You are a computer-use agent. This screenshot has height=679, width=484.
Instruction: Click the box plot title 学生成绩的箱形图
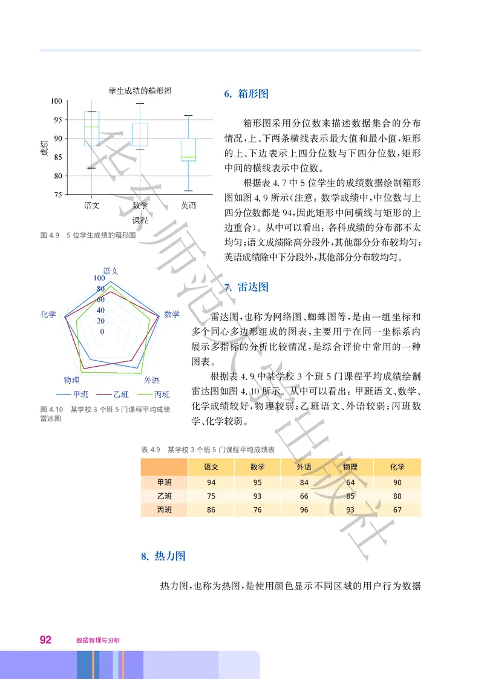(x=140, y=91)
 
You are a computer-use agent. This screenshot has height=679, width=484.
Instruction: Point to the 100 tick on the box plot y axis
(x=56, y=101)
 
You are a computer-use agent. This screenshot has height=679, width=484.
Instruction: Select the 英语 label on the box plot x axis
(x=189, y=206)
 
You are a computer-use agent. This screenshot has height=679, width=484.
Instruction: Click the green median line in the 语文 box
(x=91, y=126)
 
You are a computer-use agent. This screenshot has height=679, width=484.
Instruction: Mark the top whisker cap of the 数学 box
(x=140, y=103)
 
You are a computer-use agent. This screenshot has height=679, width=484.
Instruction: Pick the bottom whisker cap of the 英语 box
(x=189, y=191)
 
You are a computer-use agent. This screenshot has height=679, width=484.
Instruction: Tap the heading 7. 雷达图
(x=246, y=287)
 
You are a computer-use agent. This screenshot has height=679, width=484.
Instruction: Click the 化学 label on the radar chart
(x=48, y=315)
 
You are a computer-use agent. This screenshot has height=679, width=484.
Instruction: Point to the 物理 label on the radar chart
(x=71, y=380)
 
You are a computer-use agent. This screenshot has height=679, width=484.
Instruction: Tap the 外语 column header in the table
(x=304, y=467)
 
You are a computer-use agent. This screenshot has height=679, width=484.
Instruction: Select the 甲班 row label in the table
(x=164, y=482)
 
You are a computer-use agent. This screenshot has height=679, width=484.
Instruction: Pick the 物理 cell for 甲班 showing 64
(x=350, y=482)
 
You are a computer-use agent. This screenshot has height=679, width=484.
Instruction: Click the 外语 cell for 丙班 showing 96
(x=304, y=510)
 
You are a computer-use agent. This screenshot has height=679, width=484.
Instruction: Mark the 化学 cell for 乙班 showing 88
(x=397, y=496)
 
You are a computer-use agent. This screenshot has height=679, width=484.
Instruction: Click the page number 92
(x=45, y=640)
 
